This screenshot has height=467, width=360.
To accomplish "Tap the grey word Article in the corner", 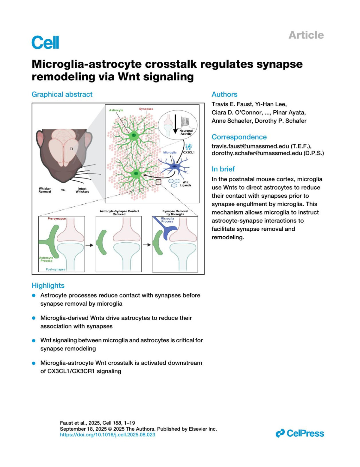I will click(306, 35).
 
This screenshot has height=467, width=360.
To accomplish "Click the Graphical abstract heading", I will click(62, 94).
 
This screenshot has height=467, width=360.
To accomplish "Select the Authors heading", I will click(224, 94).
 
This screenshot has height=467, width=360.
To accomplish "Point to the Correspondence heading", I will click(239, 137).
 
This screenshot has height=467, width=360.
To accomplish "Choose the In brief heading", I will click(223, 169).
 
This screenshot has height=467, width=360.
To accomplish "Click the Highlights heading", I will click(48, 285).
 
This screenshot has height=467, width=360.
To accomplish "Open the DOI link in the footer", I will click(108, 435).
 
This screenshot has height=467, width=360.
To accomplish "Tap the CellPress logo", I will click(300, 433).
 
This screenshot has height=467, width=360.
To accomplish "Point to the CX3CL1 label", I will click(189, 152).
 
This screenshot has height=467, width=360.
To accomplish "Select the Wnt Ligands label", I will click(185, 184).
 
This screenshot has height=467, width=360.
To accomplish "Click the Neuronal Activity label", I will click(186, 132).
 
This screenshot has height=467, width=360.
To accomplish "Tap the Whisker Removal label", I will click(45, 190).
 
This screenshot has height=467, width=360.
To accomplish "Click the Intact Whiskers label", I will click(82, 190).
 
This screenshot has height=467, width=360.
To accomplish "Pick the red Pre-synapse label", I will click(57, 219).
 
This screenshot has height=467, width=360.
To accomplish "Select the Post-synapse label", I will click(55, 269).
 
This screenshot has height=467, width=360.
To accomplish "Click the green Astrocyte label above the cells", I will click(116, 110).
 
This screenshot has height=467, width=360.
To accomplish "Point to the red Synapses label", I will click(146, 109).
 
